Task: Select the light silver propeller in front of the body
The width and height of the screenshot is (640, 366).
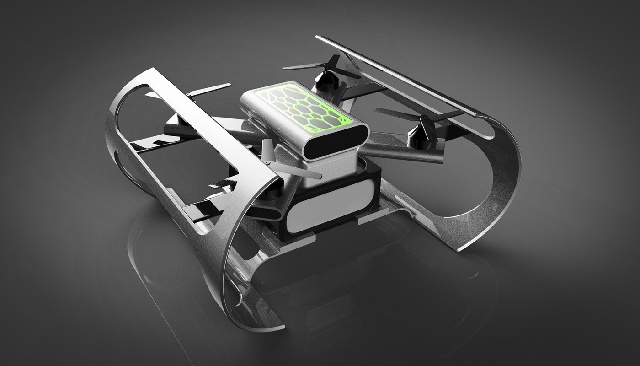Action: click(283, 165)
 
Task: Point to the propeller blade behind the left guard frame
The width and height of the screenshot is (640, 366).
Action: click(208, 89)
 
